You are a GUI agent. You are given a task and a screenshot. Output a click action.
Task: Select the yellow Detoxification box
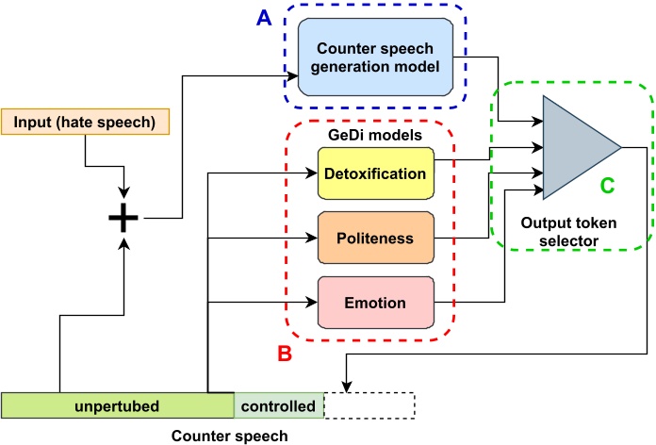tap(375, 173)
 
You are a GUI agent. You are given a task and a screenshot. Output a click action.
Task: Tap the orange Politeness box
tap(375, 238)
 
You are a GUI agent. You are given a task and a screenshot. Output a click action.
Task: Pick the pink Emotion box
tap(375, 304)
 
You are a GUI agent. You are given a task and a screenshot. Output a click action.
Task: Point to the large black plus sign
tap(123, 218)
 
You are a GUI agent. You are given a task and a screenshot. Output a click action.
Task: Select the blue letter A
tap(267, 18)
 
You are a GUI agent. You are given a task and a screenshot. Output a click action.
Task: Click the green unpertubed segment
tap(117, 405)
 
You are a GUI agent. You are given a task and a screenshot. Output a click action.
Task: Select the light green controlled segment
tap(279, 405)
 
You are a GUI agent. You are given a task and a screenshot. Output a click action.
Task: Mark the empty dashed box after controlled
tap(369, 405)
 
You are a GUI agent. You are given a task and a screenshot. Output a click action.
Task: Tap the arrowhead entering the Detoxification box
tap(311, 173)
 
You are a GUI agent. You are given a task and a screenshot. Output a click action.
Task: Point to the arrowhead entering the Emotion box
tap(311, 303)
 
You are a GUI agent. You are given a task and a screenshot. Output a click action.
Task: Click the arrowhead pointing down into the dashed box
tap(349, 387)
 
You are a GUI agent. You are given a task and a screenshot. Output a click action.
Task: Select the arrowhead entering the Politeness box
tap(311, 238)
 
